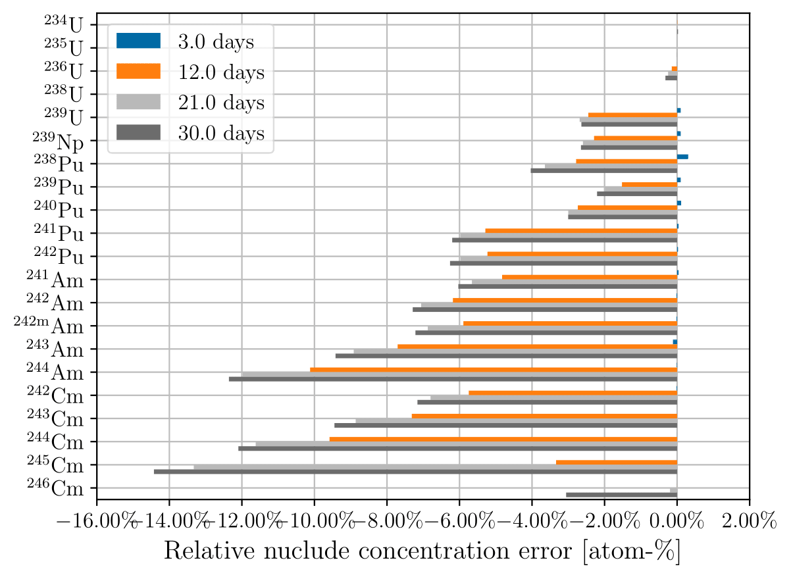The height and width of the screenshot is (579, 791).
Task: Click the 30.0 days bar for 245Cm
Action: pos(415,472)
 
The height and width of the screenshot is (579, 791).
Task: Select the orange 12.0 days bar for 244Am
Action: pos(493,370)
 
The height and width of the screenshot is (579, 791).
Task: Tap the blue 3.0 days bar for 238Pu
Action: pos(682,157)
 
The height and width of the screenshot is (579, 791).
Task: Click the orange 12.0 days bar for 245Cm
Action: pos(616,463)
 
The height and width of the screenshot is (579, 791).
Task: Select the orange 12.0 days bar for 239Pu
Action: pos(649,185)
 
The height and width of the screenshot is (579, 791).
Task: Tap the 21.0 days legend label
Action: pos(220,103)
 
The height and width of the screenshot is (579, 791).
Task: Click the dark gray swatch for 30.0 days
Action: pos(138,133)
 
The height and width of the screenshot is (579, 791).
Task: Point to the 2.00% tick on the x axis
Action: pos(749,523)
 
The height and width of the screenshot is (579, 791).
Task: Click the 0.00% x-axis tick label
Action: pos(676,523)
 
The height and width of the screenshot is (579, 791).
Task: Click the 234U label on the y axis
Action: pos(64,25)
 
